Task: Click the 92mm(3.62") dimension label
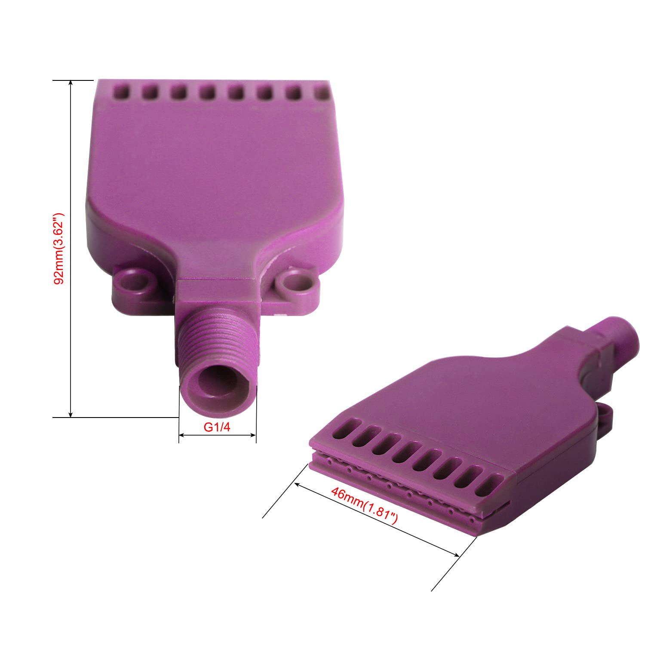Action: coord(59,248)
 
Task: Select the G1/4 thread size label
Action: coord(217,427)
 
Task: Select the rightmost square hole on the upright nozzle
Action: coord(321,93)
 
